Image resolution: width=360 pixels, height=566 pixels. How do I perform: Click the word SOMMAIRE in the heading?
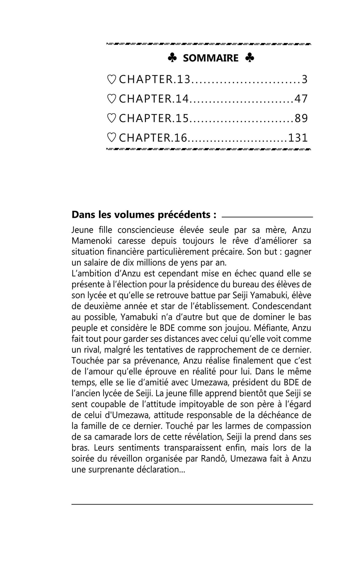pyautogui.click(x=211, y=58)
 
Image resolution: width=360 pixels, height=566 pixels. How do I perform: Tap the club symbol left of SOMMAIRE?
pyautogui.click(x=172, y=58)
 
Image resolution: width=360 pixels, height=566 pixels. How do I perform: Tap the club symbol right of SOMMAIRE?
pyautogui.click(x=250, y=58)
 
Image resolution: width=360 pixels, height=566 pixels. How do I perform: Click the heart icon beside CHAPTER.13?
pyautogui.click(x=112, y=80)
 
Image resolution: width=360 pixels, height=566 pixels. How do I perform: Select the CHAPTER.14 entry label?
pyautogui.click(x=154, y=99)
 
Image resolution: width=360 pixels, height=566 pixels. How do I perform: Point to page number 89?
pyautogui.click(x=301, y=118)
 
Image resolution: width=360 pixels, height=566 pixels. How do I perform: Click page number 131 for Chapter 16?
pyautogui.click(x=298, y=138)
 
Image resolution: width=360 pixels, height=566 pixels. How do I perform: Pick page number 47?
pyautogui.click(x=301, y=99)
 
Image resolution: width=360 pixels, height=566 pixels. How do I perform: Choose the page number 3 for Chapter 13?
pyautogui.click(x=304, y=80)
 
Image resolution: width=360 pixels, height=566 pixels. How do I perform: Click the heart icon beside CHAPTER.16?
pyautogui.click(x=112, y=138)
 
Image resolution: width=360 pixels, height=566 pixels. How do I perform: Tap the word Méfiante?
pyautogui.click(x=271, y=328)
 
